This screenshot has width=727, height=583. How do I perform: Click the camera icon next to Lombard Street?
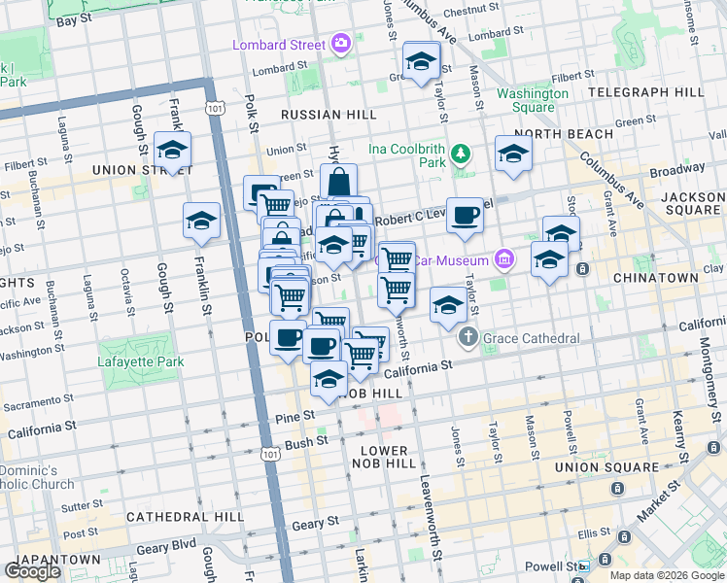pos(341,43)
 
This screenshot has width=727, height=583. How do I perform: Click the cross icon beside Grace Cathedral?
pos(468,338)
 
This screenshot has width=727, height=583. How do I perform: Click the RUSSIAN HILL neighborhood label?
pos(329,115)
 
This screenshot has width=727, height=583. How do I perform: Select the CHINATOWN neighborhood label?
pos(656,278)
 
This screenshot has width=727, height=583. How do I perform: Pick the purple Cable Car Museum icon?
pos(503,258)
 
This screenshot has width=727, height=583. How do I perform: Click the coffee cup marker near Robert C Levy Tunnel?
pos(466,215)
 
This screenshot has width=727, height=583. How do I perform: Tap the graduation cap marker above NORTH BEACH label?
pos(513,153)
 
